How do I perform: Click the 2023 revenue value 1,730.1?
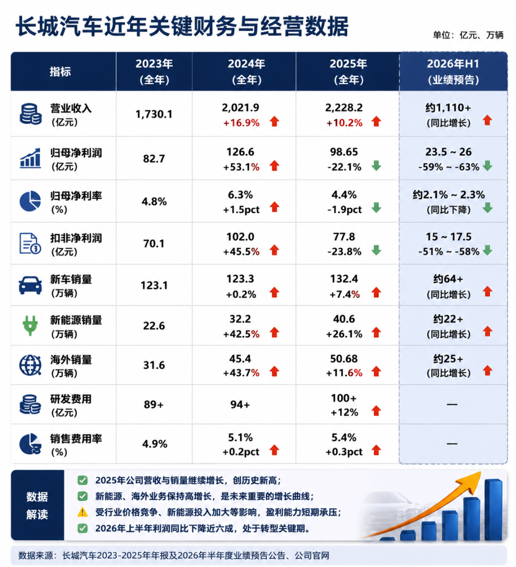[x=154, y=114]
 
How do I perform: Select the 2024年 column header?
[x=246, y=71]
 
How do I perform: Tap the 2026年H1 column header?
[x=453, y=71]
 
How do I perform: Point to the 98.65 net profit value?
[x=344, y=152]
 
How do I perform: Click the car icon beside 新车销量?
[x=30, y=285]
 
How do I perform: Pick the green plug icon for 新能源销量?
[x=30, y=325]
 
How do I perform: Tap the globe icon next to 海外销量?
[x=30, y=365]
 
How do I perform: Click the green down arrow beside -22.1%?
[x=376, y=166]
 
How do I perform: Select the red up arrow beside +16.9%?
[x=274, y=121]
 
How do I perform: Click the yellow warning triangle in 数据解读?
[x=83, y=512]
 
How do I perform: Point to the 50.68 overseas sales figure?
[x=344, y=359]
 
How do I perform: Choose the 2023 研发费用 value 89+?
[x=154, y=404]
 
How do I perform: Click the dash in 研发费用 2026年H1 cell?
[x=452, y=404]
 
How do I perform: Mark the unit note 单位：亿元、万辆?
[x=468, y=35]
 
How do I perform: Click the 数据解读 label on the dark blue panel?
[x=37, y=505]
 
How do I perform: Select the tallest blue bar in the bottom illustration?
[x=493, y=510]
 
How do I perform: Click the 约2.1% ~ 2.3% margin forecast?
[x=449, y=194]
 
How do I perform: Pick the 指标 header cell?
[x=60, y=72]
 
